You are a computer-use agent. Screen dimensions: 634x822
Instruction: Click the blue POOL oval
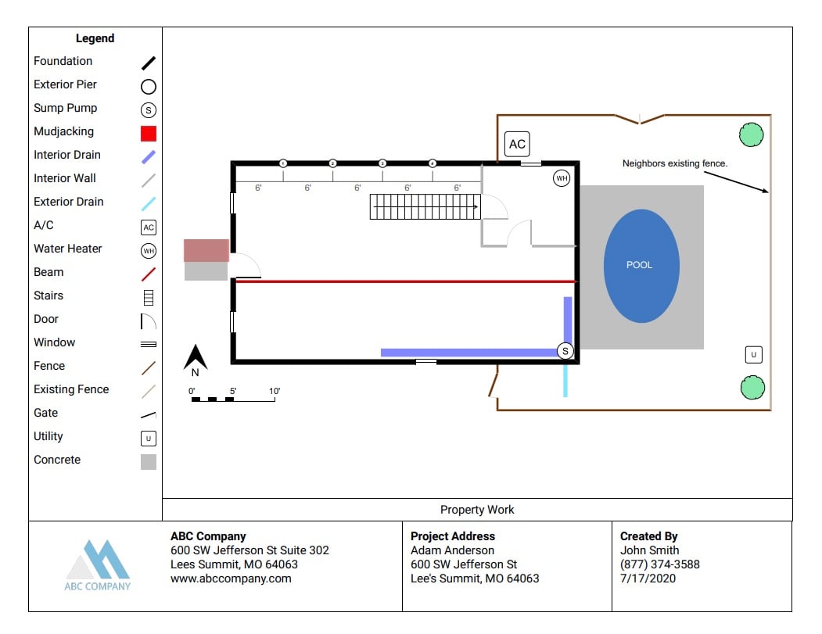[x=641, y=266]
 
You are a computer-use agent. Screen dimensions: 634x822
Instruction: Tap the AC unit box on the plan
[x=517, y=144]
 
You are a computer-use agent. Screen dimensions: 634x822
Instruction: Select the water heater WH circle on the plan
[x=562, y=179]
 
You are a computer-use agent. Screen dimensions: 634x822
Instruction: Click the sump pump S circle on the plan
[x=565, y=352]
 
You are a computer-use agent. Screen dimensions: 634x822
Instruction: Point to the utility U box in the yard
[x=753, y=355]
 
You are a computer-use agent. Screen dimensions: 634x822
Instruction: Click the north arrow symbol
[x=196, y=360]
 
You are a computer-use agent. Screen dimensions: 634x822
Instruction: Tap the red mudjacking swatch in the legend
[x=149, y=133]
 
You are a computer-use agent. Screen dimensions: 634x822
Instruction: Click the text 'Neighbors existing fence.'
[x=675, y=163]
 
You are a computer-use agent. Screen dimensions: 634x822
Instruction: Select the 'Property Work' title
[x=477, y=510]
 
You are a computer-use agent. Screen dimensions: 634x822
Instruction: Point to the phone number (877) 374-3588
[x=659, y=564]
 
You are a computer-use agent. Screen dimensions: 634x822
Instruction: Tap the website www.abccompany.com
[x=231, y=578]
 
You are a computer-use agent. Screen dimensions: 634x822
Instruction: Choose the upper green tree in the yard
[x=752, y=135]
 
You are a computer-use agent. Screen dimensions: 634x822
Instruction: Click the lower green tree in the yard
[x=752, y=387]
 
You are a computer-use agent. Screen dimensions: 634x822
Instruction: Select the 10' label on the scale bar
[x=275, y=391]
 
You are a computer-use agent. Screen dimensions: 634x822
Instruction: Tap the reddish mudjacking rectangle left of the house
[x=206, y=250]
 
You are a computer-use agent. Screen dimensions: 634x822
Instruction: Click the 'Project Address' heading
[x=453, y=536]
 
